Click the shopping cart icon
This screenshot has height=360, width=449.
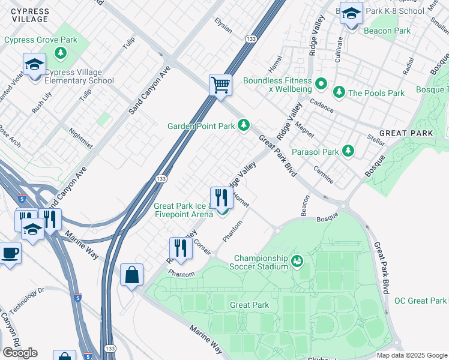click(x=221, y=85)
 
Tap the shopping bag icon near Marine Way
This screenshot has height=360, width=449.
click(x=131, y=275)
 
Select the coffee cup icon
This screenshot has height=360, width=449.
click(x=10, y=252)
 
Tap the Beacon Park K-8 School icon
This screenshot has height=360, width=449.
click(x=351, y=13)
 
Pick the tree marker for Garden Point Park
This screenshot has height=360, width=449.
click(x=244, y=125)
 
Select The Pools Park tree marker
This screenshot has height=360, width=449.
click(x=339, y=92)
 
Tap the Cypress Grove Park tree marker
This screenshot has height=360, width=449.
click(x=61, y=52)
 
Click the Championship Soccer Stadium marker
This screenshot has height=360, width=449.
click(x=297, y=261)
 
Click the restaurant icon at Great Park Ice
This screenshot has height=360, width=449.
click(x=221, y=197)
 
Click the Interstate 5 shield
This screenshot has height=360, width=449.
click(x=78, y=297)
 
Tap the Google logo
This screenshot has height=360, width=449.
click(x=20, y=353)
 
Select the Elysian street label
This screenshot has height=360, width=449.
click(x=223, y=25)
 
